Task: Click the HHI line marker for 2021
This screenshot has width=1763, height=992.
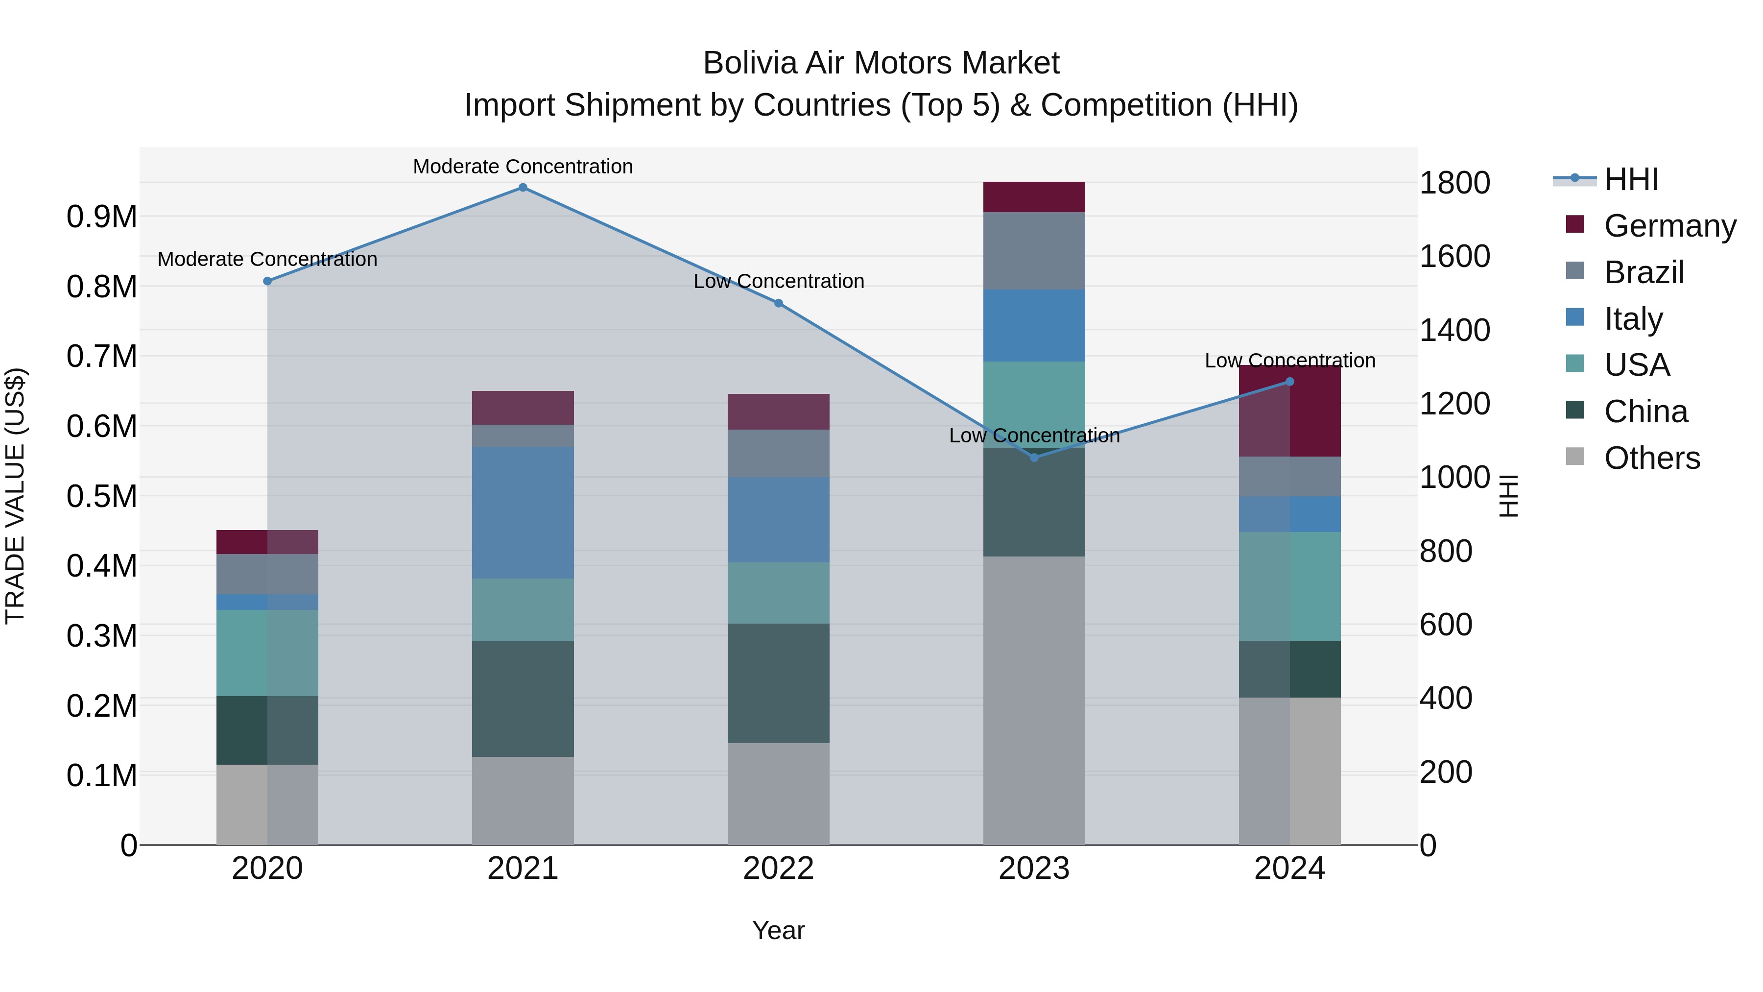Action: click(x=523, y=188)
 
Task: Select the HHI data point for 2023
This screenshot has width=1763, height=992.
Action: click(x=1034, y=458)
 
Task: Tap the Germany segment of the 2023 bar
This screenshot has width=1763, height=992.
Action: click(x=1034, y=197)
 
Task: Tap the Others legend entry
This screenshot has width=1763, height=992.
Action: click(x=1651, y=458)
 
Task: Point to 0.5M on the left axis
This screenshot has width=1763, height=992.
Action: click(x=101, y=496)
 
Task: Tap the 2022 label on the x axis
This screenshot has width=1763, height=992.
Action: click(x=778, y=869)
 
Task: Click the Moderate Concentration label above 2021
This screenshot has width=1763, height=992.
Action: click(x=523, y=167)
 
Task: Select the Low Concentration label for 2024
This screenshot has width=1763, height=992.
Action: click(x=1289, y=360)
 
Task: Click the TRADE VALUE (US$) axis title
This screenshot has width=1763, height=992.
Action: click(x=15, y=496)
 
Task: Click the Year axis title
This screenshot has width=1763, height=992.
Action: click(x=778, y=930)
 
